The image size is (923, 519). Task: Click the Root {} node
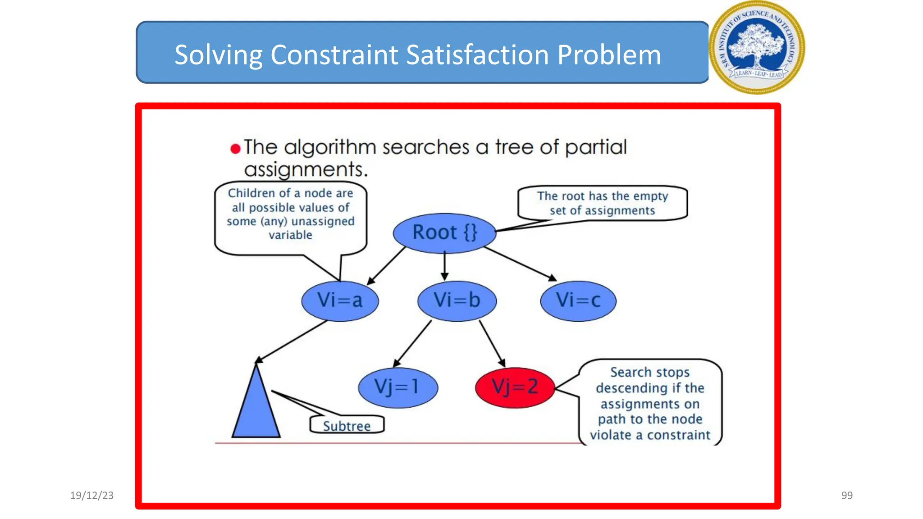(444, 232)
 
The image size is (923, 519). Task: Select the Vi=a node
(340, 300)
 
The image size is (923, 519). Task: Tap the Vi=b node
(457, 300)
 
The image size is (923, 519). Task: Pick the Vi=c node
(578, 300)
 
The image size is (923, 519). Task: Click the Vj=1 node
(398, 387)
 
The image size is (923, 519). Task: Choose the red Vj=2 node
(515, 387)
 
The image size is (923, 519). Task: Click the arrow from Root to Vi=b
(445, 266)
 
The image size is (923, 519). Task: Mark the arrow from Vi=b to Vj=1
(412, 344)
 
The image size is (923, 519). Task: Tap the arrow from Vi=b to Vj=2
(492, 344)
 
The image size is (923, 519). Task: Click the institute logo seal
(757, 47)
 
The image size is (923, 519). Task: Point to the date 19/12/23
(92, 496)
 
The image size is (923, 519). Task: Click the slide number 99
(847, 496)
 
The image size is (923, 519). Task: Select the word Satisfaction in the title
(477, 55)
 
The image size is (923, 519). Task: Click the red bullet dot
(235, 149)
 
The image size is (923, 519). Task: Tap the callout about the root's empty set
(602, 203)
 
